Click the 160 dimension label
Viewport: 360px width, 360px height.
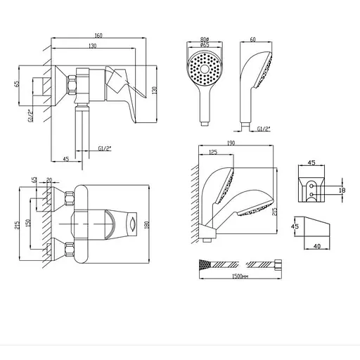98,35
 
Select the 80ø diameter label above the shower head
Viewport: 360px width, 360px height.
205,39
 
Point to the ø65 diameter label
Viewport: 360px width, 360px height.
205,45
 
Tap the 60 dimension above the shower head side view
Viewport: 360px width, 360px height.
252,39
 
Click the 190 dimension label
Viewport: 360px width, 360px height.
231,143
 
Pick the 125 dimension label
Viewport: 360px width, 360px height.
212,152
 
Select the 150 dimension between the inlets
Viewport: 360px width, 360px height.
28,223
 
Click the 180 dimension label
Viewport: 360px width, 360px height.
147,225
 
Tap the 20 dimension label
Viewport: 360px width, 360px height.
49,180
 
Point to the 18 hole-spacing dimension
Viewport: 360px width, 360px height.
342,190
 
